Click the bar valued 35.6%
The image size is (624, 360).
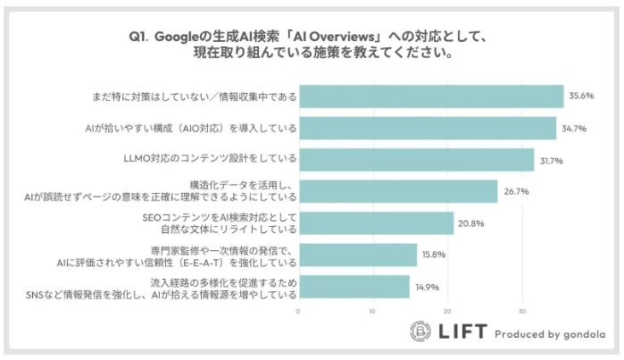click(430, 96)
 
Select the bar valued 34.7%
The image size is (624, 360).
click(427, 129)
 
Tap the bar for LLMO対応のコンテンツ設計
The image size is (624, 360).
click(416, 160)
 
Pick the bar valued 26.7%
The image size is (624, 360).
click(397, 191)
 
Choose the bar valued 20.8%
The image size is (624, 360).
click(375, 223)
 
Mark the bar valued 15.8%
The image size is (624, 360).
click(357, 255)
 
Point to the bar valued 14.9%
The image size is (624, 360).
click(354, 287)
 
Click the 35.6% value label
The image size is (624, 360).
click(583, 96)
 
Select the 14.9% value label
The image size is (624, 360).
click(428, 287)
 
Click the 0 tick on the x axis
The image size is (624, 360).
click(298, 312)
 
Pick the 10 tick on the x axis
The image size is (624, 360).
click(372, 312)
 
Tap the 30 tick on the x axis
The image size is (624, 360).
click(521, 312)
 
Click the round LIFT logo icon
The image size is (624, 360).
click(420, 332)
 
